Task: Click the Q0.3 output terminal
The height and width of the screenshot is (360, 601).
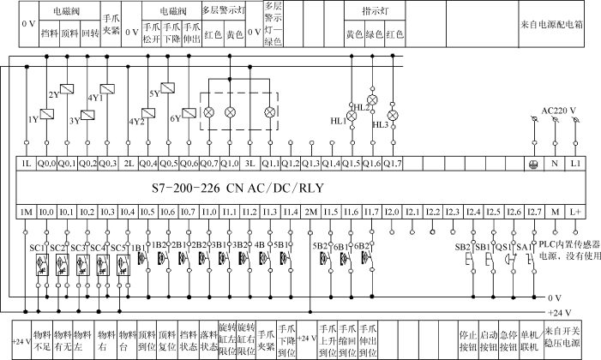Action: (x=107, y=162)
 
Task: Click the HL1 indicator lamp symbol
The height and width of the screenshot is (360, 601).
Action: (x=352, y=113)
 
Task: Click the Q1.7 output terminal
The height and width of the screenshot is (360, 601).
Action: (x=393, y=162)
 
